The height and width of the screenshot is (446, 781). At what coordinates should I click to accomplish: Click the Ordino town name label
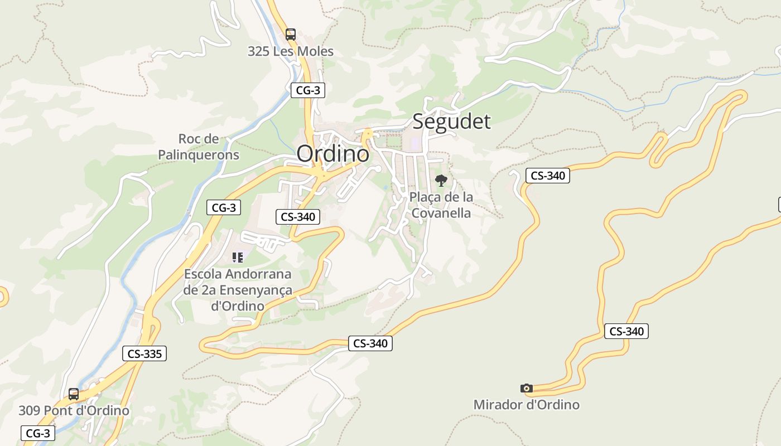point(332,154)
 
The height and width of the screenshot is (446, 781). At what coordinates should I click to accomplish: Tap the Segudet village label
point(451,121)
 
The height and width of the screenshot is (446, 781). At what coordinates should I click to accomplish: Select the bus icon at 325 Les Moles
point(290,34)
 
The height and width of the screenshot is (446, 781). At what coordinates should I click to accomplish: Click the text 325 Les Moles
point(291,51)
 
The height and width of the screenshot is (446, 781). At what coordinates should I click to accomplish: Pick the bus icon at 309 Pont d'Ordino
point(73,394)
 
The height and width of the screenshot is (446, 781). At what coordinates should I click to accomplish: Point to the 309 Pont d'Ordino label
point(74,411)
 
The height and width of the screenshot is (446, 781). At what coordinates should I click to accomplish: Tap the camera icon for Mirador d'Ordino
point(526,388)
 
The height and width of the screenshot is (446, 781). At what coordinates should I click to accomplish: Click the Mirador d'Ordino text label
point(526,405)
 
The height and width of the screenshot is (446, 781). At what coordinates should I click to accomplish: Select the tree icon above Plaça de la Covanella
point(441,181)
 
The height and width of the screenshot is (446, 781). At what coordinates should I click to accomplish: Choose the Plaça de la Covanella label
point(441,205)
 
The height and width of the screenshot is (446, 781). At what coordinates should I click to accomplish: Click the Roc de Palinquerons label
point(199,147)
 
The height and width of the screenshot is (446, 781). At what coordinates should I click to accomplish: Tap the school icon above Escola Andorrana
point(238,257)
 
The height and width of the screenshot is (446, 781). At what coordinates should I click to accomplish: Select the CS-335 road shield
point(144,353)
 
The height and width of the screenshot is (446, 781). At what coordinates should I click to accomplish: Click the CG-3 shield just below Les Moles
point(307,90)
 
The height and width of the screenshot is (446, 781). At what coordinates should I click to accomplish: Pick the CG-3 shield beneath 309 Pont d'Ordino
point(38,433)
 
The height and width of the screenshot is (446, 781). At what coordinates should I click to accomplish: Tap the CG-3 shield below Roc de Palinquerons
point(224,208)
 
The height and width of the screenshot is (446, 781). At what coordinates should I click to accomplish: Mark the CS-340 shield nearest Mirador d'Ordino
point(626,331)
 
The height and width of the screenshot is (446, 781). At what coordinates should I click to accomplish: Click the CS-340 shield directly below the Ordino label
point(298,217)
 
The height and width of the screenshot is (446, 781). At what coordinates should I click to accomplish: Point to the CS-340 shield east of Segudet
point(547,176)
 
